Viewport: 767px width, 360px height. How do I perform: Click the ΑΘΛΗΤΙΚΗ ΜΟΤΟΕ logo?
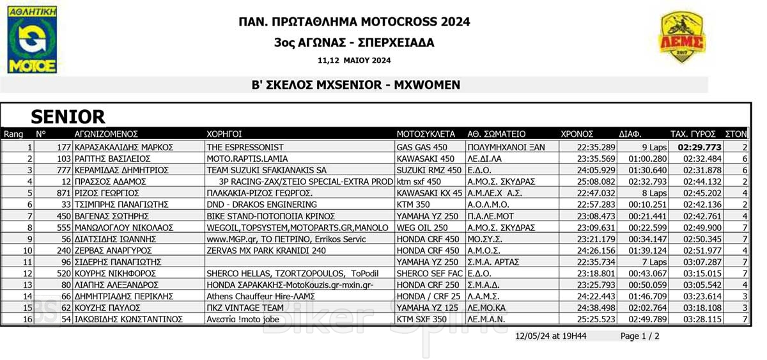pos(32,39)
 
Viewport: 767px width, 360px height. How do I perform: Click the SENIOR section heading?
pos(68,116)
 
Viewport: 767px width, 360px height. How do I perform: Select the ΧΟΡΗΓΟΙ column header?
pos(224,134)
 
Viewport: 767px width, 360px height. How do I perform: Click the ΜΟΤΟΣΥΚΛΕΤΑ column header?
pos(426,134)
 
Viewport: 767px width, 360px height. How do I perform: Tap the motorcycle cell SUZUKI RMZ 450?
pos(428,170)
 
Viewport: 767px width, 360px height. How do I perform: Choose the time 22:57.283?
pos(596,205)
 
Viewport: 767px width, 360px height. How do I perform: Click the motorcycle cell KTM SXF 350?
pos(422,319)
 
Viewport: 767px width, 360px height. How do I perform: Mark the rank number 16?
pos(27,319)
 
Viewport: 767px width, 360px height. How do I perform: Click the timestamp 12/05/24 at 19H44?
pos(553,336)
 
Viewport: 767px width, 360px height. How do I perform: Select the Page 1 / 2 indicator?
pos(640,336)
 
